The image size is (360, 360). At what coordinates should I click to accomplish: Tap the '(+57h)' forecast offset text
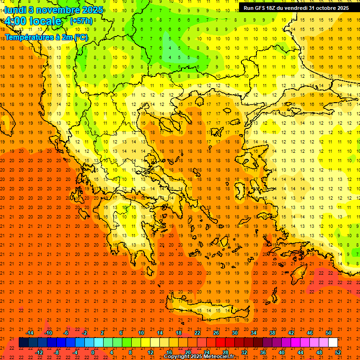(x=81, y=21)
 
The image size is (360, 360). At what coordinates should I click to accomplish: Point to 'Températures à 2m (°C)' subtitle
(x=46, y=37)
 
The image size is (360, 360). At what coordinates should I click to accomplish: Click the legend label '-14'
(x=30, y=333)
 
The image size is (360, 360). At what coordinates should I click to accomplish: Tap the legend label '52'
(x=338, y=352)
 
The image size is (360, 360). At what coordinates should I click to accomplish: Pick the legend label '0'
(x=92, y=352)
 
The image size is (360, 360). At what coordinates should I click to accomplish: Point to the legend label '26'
(x=216, y=333)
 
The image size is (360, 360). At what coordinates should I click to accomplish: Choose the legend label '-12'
(x=39, y=352)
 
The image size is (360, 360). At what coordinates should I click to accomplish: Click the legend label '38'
(x=272, y=333)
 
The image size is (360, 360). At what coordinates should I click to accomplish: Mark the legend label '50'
(x=329, y=333)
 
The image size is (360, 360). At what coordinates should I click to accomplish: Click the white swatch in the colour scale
(x=333, y=343)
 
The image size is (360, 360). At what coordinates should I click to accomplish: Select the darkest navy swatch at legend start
(x=23, y=343)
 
